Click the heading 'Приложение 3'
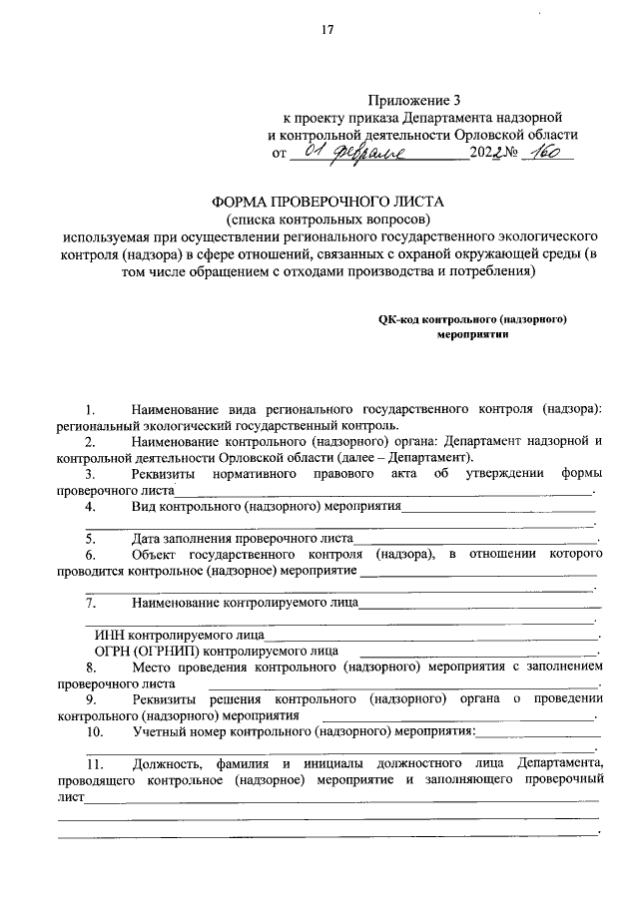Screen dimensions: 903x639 [x=409, y=99]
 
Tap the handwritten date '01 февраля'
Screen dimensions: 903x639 [x=344, y=153]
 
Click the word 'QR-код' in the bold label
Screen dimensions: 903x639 [x=398, y=320]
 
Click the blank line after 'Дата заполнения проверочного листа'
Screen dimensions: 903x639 [x=475, y=539]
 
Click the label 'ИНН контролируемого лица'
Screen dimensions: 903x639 [x=179, y=634]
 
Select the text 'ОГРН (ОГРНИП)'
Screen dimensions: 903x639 [x=139, y=650]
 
